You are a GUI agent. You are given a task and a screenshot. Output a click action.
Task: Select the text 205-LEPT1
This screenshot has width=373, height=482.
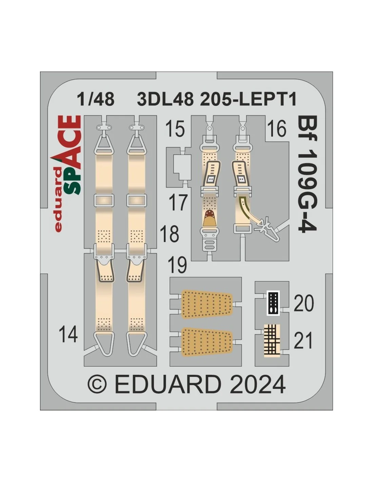point(248,99)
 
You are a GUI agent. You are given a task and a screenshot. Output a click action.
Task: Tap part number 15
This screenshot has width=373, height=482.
point(175,128)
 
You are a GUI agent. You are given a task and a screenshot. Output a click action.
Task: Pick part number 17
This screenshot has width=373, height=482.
point(178,202)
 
